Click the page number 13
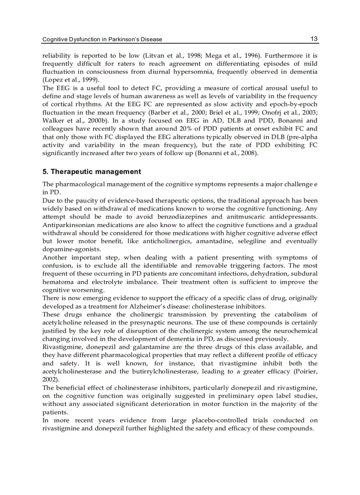click(x=314, y=39)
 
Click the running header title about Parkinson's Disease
click(x=102, y=39)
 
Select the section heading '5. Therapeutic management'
click(x=92, y=171)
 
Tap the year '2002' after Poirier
click(x=49, y=379)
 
